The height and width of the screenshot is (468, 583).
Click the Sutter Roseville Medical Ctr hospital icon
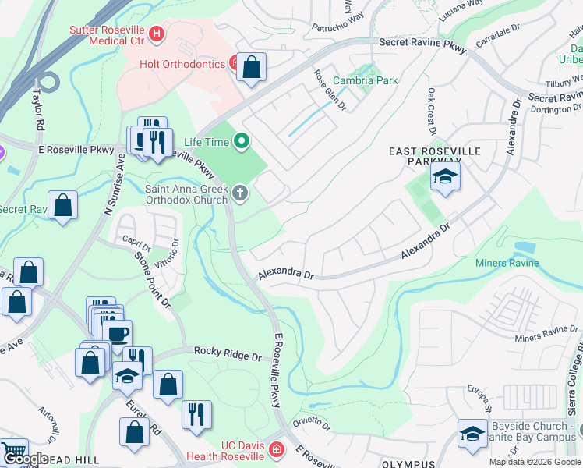157,34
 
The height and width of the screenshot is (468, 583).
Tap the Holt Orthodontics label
182,64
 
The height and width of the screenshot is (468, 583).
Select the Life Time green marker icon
242,142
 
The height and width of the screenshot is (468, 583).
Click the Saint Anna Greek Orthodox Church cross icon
241,193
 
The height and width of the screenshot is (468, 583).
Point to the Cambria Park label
365,80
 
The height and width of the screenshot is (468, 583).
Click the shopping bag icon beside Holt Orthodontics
252,68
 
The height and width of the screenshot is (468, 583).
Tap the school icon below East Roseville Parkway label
445,178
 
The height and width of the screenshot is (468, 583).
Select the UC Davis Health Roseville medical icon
276,449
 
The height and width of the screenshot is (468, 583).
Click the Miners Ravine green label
507,264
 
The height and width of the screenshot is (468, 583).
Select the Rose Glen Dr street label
329,89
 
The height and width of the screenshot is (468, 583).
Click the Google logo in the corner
26,459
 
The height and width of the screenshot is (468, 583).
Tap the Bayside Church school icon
472,434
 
